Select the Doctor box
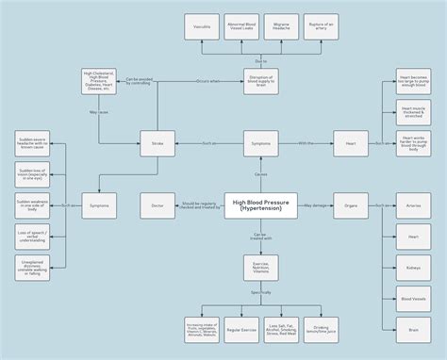click(157, 205)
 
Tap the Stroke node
click(157, 143)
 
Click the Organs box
click(351, 205)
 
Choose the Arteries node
click(413, 205)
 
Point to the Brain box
click(413, 330)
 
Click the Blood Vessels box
click(413, 299)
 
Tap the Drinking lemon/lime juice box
click(322, 330)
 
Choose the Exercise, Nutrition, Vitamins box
click(260, 268)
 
